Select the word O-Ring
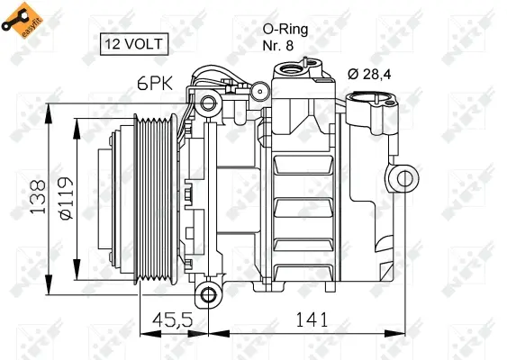(286, 29)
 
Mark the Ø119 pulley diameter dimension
(65, 197)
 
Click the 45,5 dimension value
(173, 319)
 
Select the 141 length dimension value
(308, 319)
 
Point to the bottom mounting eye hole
(209, 293)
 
